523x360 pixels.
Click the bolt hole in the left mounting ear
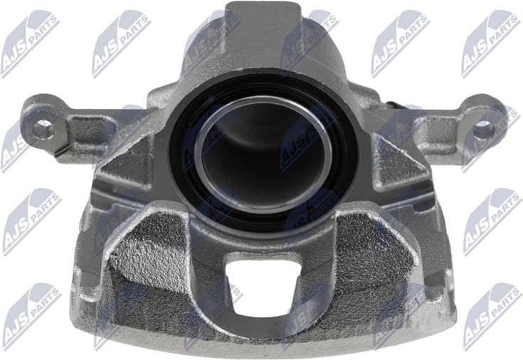(x=43, y=129)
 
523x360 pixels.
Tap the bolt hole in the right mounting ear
(x=484, y=127)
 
